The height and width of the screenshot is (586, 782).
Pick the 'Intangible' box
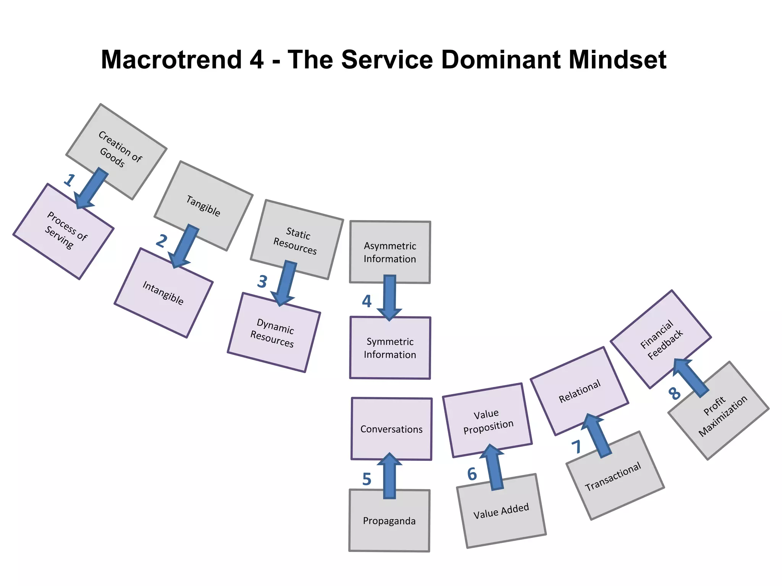[x=163, y=293]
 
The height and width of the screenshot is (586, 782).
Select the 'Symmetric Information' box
[x=390, y=348]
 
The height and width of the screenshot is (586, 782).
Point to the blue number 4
[x=367, y=301]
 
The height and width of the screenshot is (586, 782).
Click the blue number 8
[x=674, y=393]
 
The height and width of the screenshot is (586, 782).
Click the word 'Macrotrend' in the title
[x=171, y=60]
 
